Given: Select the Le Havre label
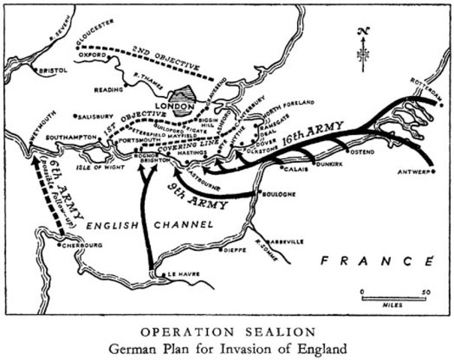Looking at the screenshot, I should coord(183,274).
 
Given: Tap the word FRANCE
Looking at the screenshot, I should coord(377,261).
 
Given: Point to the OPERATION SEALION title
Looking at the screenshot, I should coord(227,331).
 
